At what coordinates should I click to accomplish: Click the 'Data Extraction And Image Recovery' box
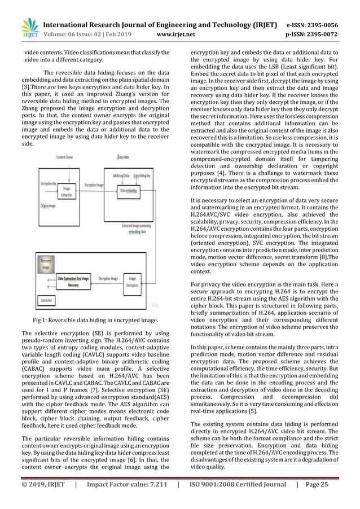(x=73, y=282)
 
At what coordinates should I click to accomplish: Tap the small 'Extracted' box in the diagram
(x=46, y=301)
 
